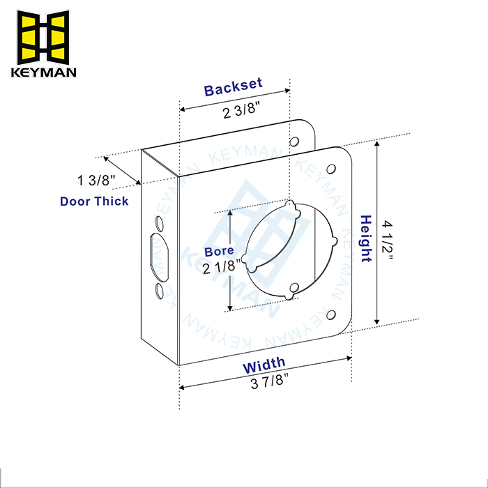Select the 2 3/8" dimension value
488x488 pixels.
click(x=240, y=112)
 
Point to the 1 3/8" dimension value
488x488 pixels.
click(x=97, y=181)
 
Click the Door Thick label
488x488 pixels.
click(x=94, y=201)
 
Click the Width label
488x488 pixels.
click(x=264, y=363)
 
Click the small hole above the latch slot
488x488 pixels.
click(x=158, y=224)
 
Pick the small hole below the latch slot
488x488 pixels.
click(x=159, y=290)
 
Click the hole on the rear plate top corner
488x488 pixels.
click(x=293, y=142)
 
